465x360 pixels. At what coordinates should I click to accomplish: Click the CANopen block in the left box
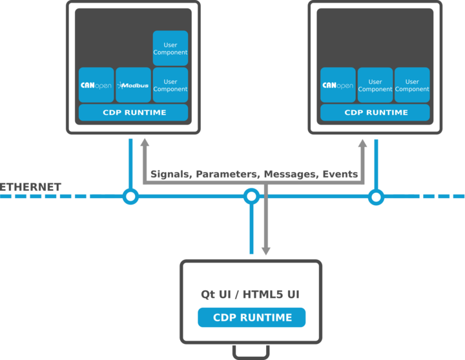[x=96, y=85]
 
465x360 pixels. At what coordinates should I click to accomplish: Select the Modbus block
[x=133, y=85]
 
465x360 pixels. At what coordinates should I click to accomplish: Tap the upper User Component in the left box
[x=170, y=48]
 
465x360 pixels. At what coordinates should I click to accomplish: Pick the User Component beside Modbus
[x=170, y=85]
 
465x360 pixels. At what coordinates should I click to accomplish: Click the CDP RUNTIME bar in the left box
[x=134, y=112]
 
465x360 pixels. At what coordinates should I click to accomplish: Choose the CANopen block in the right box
[x=338, y=85]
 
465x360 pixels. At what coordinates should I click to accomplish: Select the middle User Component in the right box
[x=375, y=85]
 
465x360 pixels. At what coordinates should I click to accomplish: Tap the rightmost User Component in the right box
[x=412, y=85]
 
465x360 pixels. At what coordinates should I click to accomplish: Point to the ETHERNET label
[x=31, y=187]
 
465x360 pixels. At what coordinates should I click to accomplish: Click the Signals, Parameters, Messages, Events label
[x=254, y=174]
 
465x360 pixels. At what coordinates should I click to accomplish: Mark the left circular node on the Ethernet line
[x=131, y=196]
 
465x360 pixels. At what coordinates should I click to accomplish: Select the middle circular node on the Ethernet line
[x=252, y=196]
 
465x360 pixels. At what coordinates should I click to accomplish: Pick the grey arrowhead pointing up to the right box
[x=362, y=144]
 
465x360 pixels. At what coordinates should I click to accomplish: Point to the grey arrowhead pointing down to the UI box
[x=265, y=250]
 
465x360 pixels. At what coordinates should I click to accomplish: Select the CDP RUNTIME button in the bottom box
[x=251, y=317]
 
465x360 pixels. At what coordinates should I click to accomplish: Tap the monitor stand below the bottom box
[x=251, y=352]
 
